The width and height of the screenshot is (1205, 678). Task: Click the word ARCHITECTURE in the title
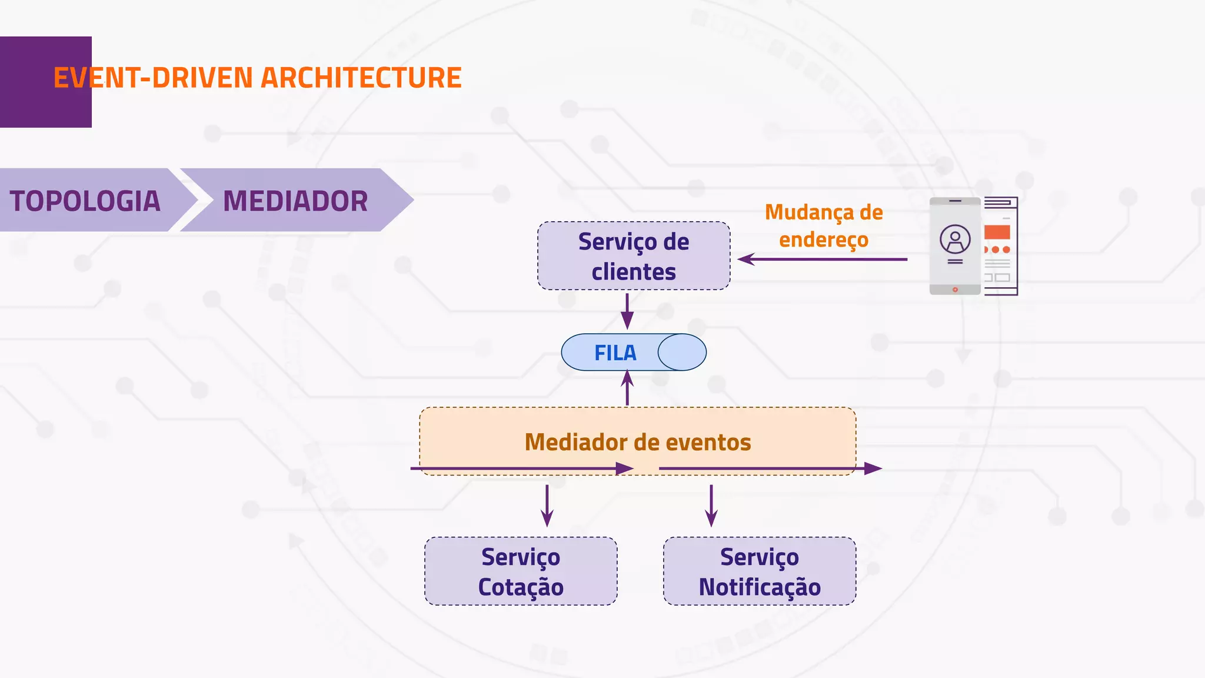point(361,78)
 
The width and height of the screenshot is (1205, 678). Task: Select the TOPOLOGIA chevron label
point(85,201)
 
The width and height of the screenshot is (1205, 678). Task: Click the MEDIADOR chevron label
point(295,201)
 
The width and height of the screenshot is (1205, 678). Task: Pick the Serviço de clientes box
point(634,256)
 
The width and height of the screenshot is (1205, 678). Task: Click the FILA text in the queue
point(615,353)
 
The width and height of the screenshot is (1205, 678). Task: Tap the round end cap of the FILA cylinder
point(682,352)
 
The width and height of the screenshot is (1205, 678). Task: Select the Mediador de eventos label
point(637,442)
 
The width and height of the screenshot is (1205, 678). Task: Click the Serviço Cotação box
point(521,571)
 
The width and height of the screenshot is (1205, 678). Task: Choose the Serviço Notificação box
point(759,571)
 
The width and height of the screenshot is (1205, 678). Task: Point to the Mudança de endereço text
point(824,225)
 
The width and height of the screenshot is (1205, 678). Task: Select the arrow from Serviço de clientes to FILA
point(627,311)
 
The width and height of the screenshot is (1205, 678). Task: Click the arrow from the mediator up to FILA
point(627,388)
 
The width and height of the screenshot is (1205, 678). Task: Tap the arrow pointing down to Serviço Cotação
point(547,506)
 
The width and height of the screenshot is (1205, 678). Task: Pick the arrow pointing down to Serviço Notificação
point(711,506)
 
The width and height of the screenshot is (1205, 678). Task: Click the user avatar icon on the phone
point(955,239)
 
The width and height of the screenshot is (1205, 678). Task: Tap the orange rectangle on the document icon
point(997,232)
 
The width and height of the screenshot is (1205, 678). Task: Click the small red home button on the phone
point(955,290)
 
